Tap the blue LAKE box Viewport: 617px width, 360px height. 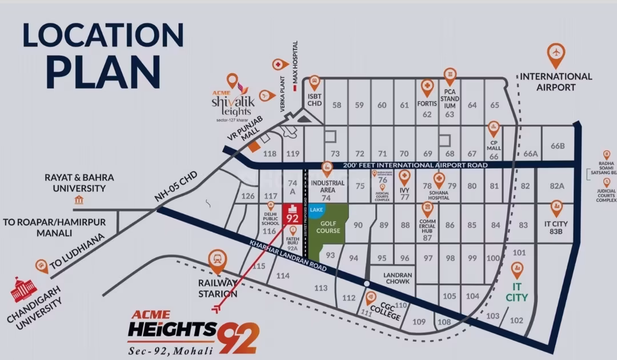(x=316, y=210)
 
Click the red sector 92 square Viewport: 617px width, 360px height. (x=293, y=214)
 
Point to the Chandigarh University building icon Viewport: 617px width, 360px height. (x=23, y=290)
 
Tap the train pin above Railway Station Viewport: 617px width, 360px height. (x=217, y=260)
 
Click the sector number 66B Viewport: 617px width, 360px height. (x=558, y=146)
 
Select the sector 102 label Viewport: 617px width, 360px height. (x=516, y=321)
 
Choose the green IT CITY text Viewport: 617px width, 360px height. (x=516, y=292)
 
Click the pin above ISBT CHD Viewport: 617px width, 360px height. (x=314, y=83)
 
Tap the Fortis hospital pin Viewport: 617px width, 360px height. (x=427, y=87)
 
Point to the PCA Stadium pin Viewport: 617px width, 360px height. (x=450, y=75)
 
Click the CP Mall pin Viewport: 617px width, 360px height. (x=494, y=129)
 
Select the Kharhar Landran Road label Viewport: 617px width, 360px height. (x=289, y=255)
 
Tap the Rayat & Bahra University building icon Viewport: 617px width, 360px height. (x=79, y=200)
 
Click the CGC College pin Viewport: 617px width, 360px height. (x=371, y=297)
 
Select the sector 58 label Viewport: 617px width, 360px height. (x=336, y=105)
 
